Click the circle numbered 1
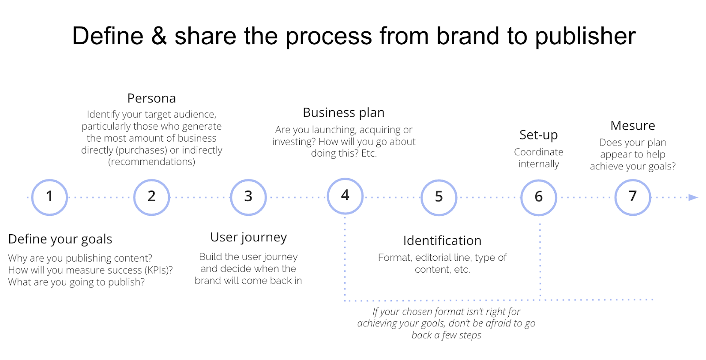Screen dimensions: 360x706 [x=49, y=197]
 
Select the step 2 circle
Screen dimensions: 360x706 [x=151, y=197]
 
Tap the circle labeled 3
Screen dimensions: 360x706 [x=248, y=197]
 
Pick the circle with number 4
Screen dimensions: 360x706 [x=345, y=195]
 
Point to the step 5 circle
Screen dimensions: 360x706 [x=439, y=197]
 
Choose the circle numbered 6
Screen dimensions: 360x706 [x=538, y=197]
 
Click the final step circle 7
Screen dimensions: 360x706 [x=633, y=197]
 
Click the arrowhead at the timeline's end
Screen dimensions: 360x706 [x=693, y=197]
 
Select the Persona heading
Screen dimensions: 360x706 [x=151, y=98]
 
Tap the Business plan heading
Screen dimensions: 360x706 [x=343, y=112]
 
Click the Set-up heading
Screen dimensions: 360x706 [x=538, y=135]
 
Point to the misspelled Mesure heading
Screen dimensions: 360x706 [x=632, y=126]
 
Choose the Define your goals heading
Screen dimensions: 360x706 [x=60, y=239]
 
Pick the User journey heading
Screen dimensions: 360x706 [x=248, y=237]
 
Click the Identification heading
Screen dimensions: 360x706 [x=442, y=240]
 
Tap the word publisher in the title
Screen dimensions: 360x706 [x=585, y=36]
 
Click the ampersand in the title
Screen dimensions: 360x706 [x=159, y=36]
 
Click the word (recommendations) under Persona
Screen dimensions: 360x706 [x=151, y=162]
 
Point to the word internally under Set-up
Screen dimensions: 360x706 [x=538, y=164]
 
